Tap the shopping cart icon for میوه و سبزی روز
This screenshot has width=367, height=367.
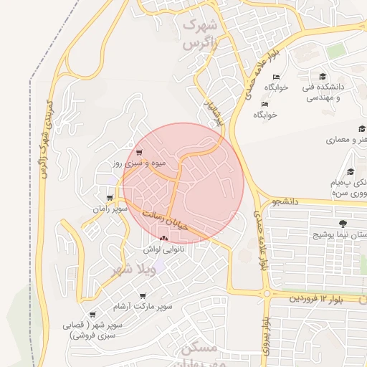[x=138, y=152]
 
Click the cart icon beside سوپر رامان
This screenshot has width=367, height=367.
[x=110, y=198]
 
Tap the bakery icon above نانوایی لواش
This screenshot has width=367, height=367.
[x=164, y=238]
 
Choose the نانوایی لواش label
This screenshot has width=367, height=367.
[x=164, y=249]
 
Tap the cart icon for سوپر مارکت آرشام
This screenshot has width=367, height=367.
[x=143, y=295]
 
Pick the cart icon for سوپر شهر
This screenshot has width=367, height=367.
[x=92, y=314]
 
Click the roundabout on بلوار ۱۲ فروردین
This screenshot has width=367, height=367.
[x=266, y=293]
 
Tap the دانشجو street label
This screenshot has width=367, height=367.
[x=284, y=202]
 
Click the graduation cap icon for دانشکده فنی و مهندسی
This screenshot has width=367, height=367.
[x=323, y=76]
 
